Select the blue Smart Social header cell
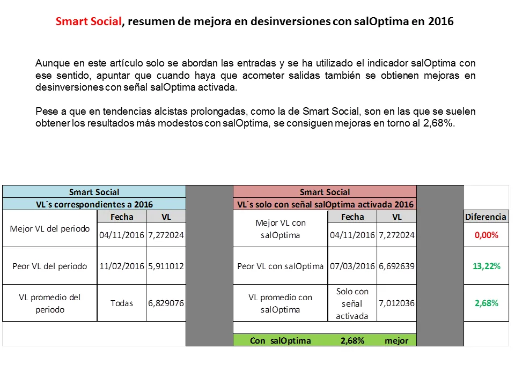click(x=94, y=192)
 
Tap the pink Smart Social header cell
click(x=325, y=192)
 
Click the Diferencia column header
click(x=485, y=217)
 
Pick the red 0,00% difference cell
click(x=486, y=235)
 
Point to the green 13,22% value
click(x=487, y=266)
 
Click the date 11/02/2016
click(x=122, y=266)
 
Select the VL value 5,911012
click(x=166, y=266)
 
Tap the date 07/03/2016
click(x=352, y=266)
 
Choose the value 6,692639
click(x=396, y=266)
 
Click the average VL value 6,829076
click(x=166, y=303)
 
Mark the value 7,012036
click(x=396, y=303)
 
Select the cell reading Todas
click(x=122, y=303)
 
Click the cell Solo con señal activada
click(x=352, y=303)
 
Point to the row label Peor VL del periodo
click(x=49, y=266)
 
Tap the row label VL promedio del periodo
click(x=49, y=303)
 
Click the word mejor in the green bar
click(x=396, y=340)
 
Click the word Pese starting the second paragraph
click(x=46, y=112)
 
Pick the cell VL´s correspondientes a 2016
click(x=94, y=204)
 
